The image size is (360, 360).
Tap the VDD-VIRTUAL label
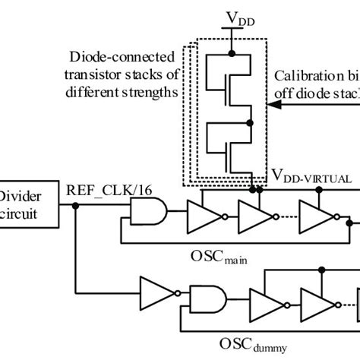point(311,178)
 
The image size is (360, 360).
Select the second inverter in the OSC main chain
point(251,216)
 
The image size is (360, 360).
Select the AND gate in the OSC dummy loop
point(207,301)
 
